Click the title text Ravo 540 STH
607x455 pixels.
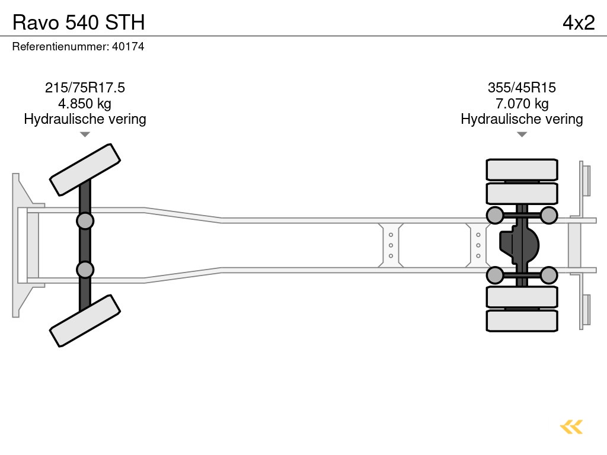click(x=78, y=22)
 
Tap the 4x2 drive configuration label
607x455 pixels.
click(x=578, y=22)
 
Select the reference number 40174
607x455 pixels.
click(x=127, y=47)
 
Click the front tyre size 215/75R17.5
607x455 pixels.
click(x=85, y=88)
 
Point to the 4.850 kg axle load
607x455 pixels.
click(x=85, y=104)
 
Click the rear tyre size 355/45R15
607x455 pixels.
click(x=522, y=88)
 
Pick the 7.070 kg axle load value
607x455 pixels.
click(x=522, y=104)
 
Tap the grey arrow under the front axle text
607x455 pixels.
click(x=85, y=134)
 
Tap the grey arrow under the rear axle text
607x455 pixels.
click(x=522, y=134)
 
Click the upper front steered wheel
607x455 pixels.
click(x=85, y=169)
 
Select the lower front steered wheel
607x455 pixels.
click(x=85, y=321)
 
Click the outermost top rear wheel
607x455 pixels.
click(x=522, y=169)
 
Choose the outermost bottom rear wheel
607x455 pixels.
click(x=522, y=321)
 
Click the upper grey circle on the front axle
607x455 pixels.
click(x=85, y=221)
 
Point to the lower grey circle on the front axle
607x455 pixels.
click(x=85, y=270)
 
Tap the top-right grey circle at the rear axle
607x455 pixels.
click(x=549, y=215)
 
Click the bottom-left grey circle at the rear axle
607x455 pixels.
click(x=494, y=275)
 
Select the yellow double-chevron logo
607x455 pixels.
click(x=571, y=427)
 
